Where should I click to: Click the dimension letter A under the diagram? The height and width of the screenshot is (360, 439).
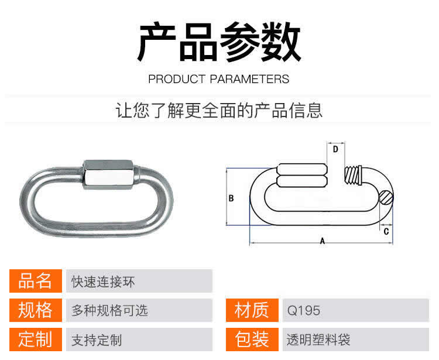[x=323, y=241]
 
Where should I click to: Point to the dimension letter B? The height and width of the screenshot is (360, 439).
[x=231, y=198]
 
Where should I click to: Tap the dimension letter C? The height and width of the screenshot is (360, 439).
[x=386, y=231]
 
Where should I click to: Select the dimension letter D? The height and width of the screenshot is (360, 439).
[x=335, y=149]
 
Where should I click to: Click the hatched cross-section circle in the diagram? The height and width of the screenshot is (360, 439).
[x=386, y=197]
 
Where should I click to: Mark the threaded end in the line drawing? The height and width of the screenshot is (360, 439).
[x=353, y=175]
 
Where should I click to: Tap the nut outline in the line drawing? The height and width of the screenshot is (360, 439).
[x=302, y=175]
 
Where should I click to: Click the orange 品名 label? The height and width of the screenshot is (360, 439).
[x=36, y=281]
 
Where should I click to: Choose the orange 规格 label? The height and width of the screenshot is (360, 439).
[x=36, y=310]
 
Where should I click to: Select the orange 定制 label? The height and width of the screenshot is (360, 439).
[x=36, y=340]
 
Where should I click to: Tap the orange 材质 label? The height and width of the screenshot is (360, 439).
[x=252, y=310]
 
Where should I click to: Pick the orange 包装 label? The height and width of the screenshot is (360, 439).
[x=252, y=340]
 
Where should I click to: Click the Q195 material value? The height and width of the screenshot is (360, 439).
[x=303, y=311]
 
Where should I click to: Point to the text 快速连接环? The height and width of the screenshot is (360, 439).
[x=103, y=282]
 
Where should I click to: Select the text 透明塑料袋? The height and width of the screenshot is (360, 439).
[x=318, y=340]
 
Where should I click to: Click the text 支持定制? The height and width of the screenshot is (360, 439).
[x=97, y=340]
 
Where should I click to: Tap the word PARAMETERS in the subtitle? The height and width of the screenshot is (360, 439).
[x=249, y=79]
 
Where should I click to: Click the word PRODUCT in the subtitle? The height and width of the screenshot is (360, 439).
[x=177, y=79]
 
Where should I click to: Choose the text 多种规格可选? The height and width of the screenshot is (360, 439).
[x=109, y=310]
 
